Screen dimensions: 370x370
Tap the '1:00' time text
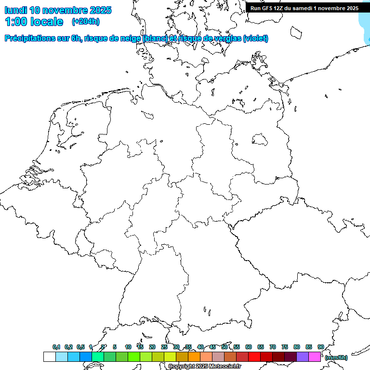pyautogui.click(x=15, y=22)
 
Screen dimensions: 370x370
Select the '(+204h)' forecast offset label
pyautogui.click(x=85, y=22)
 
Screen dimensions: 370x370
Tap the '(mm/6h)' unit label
pyautogui.click(x=336, y=357)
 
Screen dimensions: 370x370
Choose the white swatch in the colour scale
pyautogui.click(x=49, y=357)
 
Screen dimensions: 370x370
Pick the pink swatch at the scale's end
pyautogui.click(x=315, y=357)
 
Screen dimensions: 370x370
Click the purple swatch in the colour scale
pyautogui.click(x=303, y=357)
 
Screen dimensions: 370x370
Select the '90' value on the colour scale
pyautogui.click(x=320, y=347)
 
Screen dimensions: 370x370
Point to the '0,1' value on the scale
pyautogui.click(x=56, y=347)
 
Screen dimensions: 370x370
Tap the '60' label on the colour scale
pyautogui.click(x=249, y=347)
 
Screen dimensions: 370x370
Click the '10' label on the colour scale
pyautogui.click(x=128, y=347)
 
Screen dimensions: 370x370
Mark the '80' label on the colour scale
pyautogui.click(x=297, y=347)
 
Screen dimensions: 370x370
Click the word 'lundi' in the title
pyautogui.click(x=15, y=10)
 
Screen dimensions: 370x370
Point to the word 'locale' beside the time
pyautogui.click(x=45, y=22)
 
